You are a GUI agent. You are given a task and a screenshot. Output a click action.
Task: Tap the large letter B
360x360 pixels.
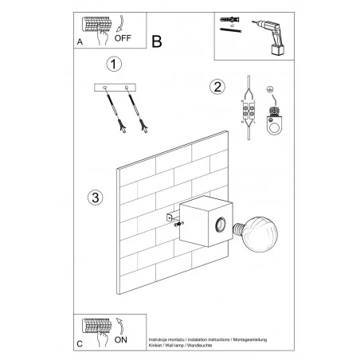pyautogui.click(x=156, y=40)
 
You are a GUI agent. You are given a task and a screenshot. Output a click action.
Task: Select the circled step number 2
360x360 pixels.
pyautogui.click(x=214, y=87)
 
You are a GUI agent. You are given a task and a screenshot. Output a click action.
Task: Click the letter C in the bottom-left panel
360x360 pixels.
pyautogui.click(x=78, y=345)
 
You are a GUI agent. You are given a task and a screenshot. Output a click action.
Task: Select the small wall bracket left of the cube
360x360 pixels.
pyautogui.click(x=170, y=217)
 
